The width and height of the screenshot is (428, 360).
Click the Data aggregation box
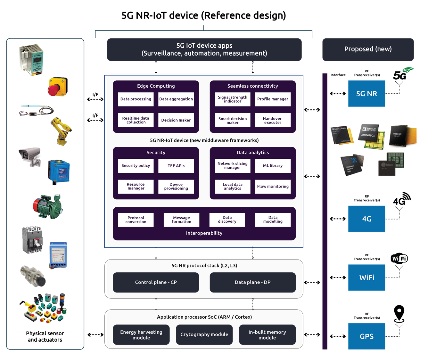click(176, 99)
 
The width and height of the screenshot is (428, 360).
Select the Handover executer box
click(273, 120)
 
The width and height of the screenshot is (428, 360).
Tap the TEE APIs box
click(176, 166)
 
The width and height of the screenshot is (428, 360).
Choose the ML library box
click(273, 166)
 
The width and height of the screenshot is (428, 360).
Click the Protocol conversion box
click(136, 220)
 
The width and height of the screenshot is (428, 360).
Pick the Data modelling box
click(273, 220)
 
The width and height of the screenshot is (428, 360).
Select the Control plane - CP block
click(156, 282)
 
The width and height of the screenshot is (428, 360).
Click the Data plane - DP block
click(252, 282)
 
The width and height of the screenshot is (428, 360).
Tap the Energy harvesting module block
click(141, 335)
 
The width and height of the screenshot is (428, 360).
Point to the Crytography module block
click(204, 335)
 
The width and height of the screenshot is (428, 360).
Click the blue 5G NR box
click(366, 94)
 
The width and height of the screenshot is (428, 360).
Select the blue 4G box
click(366, 219)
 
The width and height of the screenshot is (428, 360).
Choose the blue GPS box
click(366, 336)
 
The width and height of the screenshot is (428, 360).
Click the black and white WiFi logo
click(399, 258)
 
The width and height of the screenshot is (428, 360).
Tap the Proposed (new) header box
click(368, 49)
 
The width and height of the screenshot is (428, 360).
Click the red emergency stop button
click(57, 87)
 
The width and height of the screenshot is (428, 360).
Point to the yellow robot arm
click(61, 131)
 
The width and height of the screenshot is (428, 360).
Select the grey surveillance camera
click(30, 156)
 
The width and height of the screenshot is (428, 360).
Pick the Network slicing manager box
click(232, 166)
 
